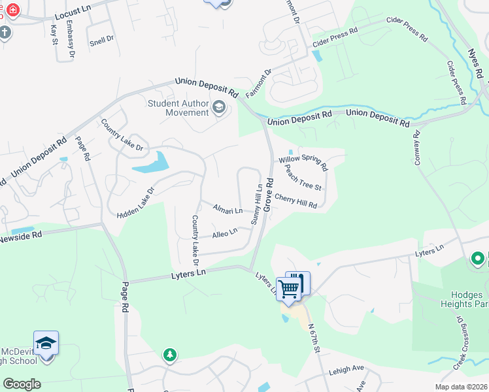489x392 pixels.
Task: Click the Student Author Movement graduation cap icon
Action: tap(219, 108)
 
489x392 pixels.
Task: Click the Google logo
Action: tap(22, 384)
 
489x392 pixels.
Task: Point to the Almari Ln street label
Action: tap(228, 209)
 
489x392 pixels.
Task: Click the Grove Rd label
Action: tap(268, 195)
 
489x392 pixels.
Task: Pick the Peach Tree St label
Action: tap(303, 177)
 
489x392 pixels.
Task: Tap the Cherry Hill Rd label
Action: tap(295, 201)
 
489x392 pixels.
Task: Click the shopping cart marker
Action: tap(288, 288)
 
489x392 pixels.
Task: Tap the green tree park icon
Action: tap(170, 355)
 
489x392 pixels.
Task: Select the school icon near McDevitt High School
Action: tap(46, 344)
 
